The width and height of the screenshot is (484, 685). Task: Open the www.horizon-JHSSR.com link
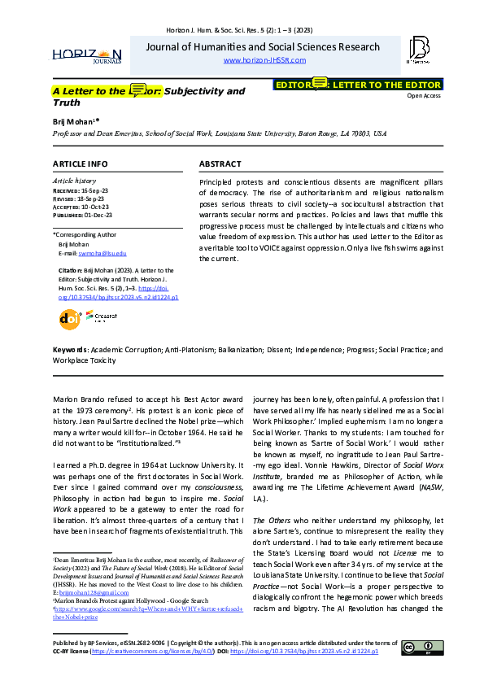[x=264, y=60]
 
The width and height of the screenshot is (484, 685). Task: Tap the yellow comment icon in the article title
[x=138, y=89]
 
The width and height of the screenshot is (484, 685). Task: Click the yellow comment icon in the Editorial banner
[x=320, y=83]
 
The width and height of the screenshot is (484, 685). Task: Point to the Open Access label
[x=424, y=96]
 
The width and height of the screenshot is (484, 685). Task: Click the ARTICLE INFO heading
[x=80, y=164]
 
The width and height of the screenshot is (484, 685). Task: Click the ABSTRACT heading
[x=220, y=164]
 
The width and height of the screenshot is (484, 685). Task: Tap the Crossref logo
[x=102, y=315]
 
